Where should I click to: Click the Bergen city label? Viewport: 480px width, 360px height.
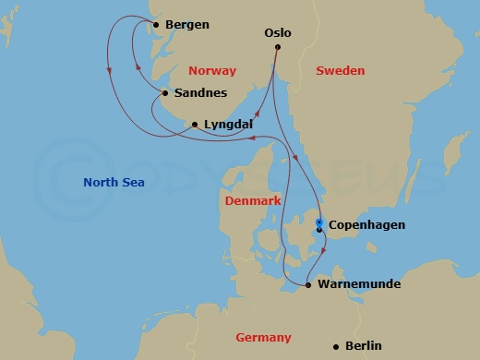pos(187,25)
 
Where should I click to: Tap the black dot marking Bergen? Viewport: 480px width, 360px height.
pos(155,25)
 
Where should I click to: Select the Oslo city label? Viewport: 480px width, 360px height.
pos(278,32)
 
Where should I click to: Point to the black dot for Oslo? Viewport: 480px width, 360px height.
pos(277,48)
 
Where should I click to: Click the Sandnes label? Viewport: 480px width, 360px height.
pos(197,93)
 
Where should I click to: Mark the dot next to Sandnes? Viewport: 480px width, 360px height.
pos(164,93)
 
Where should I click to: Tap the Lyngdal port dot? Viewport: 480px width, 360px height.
pos(195,124)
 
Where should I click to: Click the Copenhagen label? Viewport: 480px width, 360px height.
pos(366,224)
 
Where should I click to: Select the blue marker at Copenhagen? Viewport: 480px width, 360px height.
pos(319,222)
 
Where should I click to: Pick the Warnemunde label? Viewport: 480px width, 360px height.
pos(358,284)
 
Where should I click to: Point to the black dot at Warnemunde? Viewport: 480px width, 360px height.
pos(307,285)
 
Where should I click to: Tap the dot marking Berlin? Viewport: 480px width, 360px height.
pos(336,346)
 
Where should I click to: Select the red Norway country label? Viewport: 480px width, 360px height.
pos(211,71)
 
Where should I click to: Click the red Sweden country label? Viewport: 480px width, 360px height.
pos(340,71)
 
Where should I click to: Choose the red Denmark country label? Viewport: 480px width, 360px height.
pos(253,200)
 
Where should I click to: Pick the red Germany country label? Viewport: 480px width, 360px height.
pos(263,338)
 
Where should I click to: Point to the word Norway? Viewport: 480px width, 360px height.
pos(211,71)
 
